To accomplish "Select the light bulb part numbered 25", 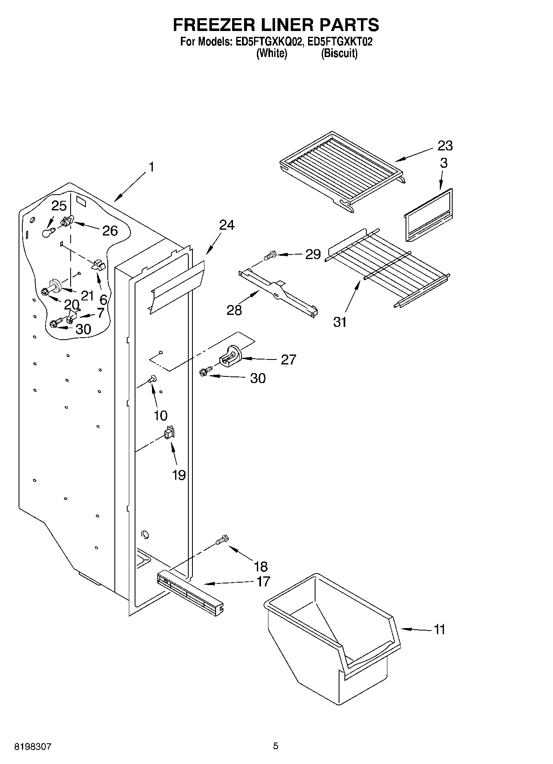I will pos(48,232).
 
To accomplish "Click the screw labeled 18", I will pos(222,540).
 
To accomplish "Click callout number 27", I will pos(288,360).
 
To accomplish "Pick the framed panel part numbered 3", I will pos(427,215).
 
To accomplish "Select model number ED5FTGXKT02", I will pos(340,42).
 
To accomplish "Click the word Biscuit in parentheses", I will pos(339,53).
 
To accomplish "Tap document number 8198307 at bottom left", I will pos(33,747).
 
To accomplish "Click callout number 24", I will pos(226,225).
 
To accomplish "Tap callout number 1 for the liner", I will pos(151,167).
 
